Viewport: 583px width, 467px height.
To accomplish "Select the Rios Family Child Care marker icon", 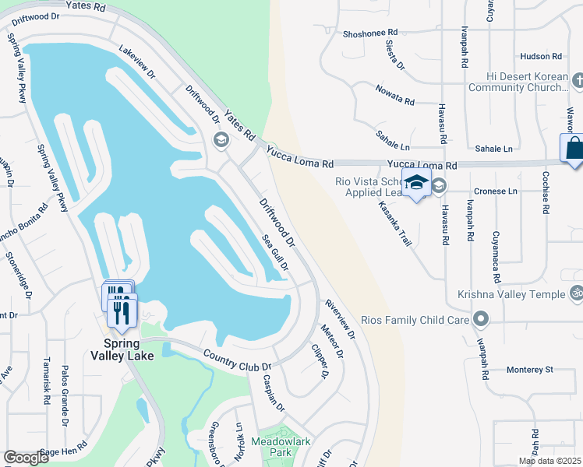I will click(x=482, y=319).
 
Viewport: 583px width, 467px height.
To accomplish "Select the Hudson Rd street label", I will click(x=539, y=57).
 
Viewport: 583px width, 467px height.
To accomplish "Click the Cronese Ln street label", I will click(x=496, y=191).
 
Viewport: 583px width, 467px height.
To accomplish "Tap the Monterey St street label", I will click(x=528, y=369).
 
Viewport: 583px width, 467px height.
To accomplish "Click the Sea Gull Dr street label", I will click(x=275, y=254).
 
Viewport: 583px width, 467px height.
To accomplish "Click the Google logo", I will click(x=26, y=458).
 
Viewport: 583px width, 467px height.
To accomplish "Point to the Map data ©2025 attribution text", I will click(x=549, y=461).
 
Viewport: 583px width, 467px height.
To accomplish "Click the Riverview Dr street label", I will click(x=341, y=320).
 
